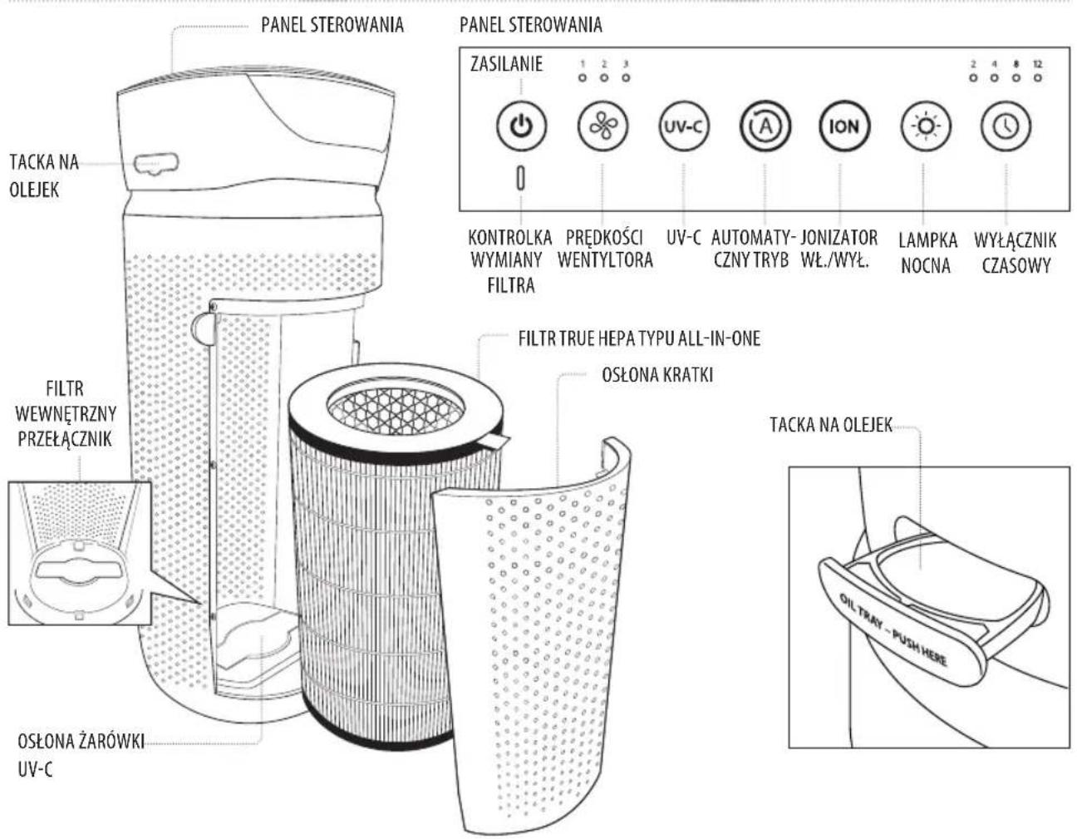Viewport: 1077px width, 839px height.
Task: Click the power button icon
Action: click(521, 126)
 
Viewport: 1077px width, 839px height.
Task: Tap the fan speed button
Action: click(602, 126)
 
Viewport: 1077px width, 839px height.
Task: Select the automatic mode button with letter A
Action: click(765, 126)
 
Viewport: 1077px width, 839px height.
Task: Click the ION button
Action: click(843, 126)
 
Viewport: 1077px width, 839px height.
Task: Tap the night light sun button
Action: click(925, 126)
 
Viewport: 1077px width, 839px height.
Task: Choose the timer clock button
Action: click(1006, 126)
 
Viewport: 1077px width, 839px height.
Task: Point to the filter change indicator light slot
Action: click(520, 178)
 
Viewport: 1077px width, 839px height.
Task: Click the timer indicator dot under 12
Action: click(1038, 78)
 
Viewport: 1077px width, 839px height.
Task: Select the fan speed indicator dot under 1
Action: click(583, 78)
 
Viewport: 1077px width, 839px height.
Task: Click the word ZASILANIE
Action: click(506, 64)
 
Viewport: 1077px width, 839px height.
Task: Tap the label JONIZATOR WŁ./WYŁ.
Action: click(838, 249)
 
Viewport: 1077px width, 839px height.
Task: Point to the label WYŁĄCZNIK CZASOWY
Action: click(1015, 253)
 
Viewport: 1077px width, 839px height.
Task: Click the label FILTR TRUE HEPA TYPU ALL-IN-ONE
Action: click(639, 338)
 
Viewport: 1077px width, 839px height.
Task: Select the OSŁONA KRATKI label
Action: click(657, 375)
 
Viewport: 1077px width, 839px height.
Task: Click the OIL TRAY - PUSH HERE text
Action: click(893, 630)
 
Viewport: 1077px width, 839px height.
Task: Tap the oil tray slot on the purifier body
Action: click(156, 163)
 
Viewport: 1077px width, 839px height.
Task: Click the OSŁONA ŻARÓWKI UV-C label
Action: click(81, 755)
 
